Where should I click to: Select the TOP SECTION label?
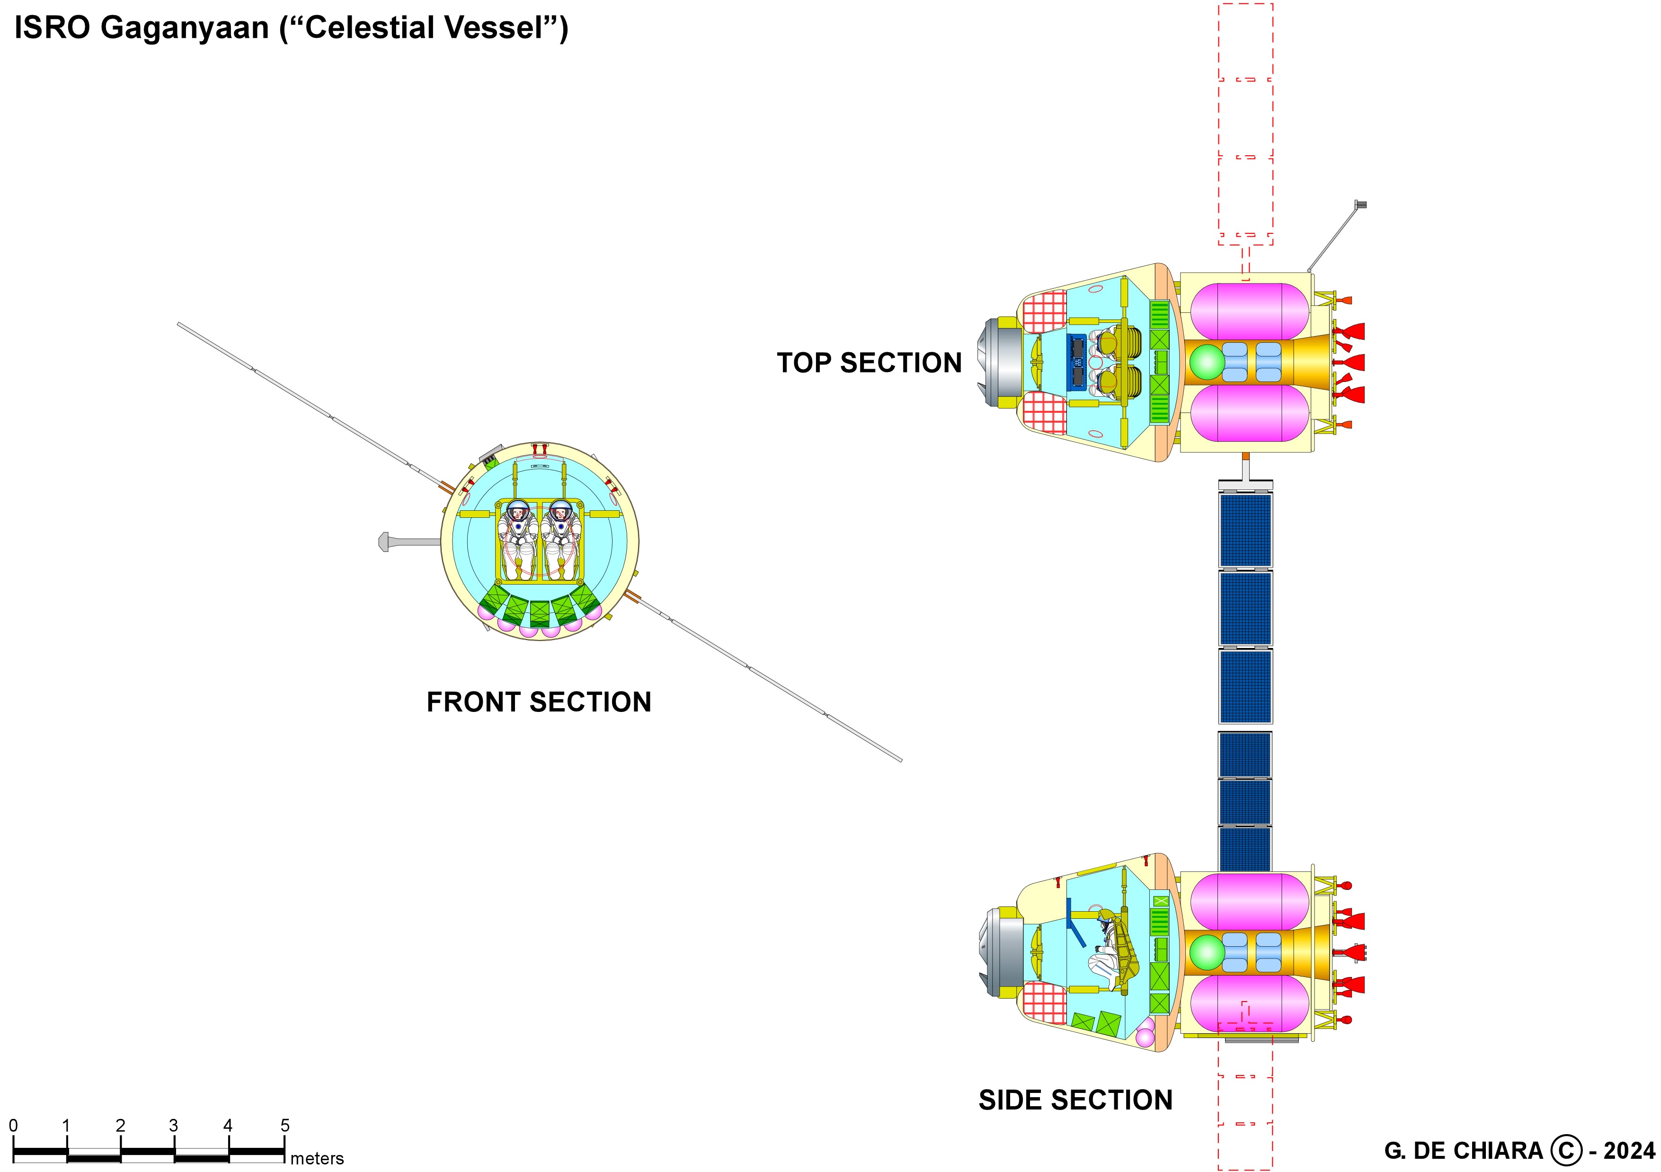[869, 363]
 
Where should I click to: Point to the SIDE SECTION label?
[1075, 1101]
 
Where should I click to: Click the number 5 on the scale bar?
[285, 1125]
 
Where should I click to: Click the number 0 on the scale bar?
[13, 1125]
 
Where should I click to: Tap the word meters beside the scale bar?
[317, 1158]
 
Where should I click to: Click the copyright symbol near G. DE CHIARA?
[1565, 1150]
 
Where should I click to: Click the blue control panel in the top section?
[1077, 362]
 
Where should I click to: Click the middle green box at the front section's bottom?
[540, 613]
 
